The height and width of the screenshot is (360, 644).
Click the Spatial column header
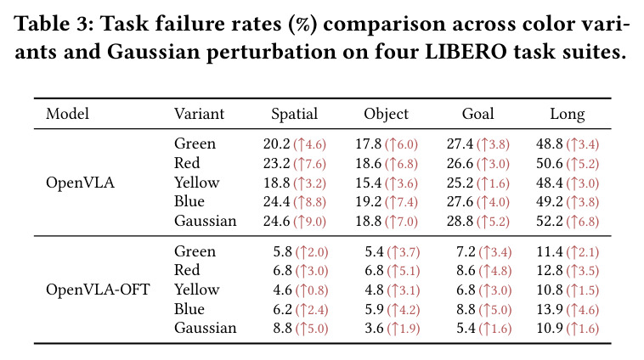coord(295,114)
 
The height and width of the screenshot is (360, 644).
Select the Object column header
coord(386,114)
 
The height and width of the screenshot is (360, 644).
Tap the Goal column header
coord(477,114)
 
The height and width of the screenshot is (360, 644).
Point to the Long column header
coord(568,114)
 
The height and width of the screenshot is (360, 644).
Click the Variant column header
coord(199,114)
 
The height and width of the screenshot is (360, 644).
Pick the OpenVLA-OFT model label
coord(98,290)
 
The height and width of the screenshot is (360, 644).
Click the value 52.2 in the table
coord(549,222)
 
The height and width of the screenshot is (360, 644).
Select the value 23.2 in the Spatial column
coord(276,163)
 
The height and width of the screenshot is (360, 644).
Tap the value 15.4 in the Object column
coord(369,183)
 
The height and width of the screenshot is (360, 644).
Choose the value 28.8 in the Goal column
coord(460,222)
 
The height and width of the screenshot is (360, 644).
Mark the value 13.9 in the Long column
coord(550,309)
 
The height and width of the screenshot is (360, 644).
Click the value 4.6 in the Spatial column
coord(283,290)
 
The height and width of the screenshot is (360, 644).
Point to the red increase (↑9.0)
coord(309,222)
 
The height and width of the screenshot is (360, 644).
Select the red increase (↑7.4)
coord(401,202)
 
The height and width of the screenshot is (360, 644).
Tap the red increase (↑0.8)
coord(312,290)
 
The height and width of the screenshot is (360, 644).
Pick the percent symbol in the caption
coord(303,25)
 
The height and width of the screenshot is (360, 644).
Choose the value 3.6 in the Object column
coord(374,329)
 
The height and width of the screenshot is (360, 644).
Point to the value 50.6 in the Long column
coord(549,163)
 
